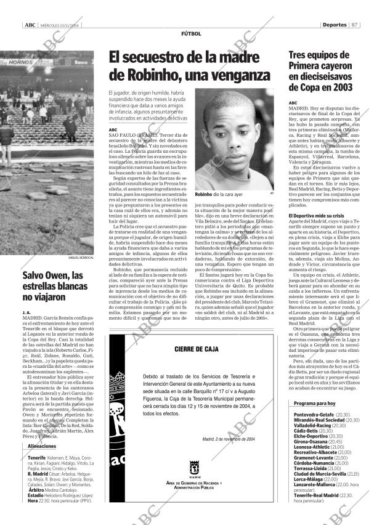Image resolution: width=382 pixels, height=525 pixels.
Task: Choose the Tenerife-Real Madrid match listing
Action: click(x=317, y=495)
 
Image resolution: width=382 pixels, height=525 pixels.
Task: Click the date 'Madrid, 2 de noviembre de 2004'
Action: click(x=227, y=439)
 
